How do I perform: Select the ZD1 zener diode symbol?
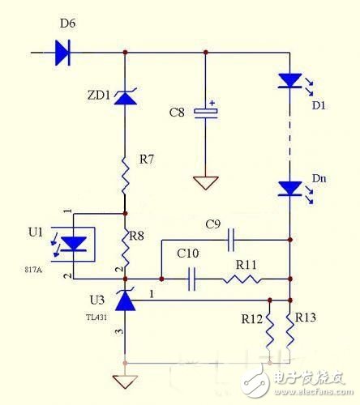point(125,98)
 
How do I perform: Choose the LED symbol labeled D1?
point(289,80)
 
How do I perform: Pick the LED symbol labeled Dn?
point(289,188)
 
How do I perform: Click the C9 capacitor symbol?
point(230,240)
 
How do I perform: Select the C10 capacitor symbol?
point(191,279)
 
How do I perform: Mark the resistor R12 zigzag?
point(269,332)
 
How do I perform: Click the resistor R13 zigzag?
point(289,332)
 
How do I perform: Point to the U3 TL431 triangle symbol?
point(125,301)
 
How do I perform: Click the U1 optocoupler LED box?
point(74,243)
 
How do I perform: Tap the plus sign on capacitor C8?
point(213,104)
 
